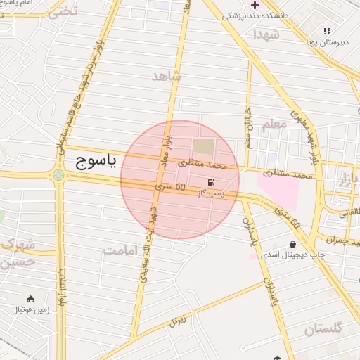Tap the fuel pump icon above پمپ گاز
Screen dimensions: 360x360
pos(212,181)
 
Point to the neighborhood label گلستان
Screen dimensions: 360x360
pos(323,328)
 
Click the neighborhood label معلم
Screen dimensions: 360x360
pos(274,124)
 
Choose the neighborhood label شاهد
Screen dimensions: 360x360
pos(166,75)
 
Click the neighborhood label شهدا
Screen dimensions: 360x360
pos(268,33)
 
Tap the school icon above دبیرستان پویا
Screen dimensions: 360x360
pos(327,31)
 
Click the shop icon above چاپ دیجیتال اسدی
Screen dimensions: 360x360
pos(292,244)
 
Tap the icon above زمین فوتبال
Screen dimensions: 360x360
pos(30,299)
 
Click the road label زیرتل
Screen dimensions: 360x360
pos(179,321)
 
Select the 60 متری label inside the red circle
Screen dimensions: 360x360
pos(170,187)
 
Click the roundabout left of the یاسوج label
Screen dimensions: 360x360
pos(58,174)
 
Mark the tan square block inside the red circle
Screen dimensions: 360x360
pos(203,147)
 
